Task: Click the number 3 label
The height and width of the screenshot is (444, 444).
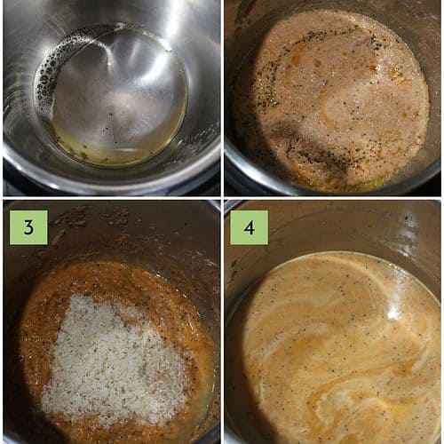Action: point(28,227)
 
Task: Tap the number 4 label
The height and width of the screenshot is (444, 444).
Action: point(250,228)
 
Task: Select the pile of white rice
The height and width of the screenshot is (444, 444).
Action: point(114,361)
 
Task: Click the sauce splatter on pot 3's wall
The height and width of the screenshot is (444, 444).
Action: point(89,220)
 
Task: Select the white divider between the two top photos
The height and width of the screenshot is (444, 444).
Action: point(222,98)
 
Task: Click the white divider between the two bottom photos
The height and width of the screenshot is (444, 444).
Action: point(222,322)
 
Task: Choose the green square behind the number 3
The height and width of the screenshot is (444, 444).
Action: point(28,227)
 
